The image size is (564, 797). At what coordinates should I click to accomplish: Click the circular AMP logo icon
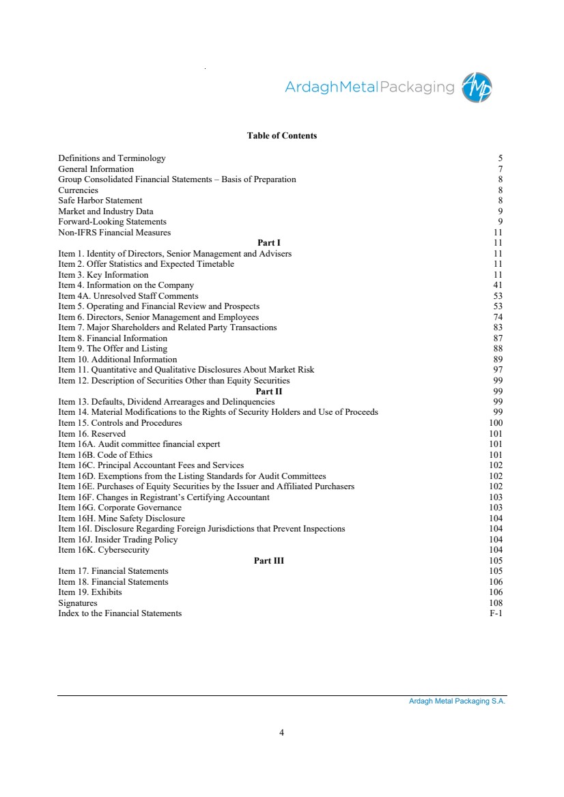(477, 87)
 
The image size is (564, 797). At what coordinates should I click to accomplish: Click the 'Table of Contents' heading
(281, 136)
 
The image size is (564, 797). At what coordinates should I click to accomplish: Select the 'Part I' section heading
(269, 243)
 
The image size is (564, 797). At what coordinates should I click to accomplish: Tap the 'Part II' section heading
(269, 392)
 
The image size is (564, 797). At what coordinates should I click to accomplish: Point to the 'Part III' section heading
(269, 561)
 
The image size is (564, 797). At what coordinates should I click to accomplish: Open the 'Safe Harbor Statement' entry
(100, 201)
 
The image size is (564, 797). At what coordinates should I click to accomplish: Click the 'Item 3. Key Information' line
(103, 275)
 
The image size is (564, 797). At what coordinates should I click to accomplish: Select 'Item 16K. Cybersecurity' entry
(104, 550)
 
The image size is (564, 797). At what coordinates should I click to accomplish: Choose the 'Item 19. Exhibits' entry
(90, 592)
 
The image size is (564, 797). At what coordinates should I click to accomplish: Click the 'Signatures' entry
(78, 603)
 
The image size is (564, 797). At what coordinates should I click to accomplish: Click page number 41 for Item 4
(498, 285)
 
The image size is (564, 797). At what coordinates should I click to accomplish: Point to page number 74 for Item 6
(498, 317)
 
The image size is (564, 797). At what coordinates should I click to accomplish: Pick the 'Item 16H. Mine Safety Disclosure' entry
(122, 519)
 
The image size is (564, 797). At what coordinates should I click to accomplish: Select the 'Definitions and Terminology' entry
(112, 158)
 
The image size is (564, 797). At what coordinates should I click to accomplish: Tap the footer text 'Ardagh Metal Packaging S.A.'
(452, 701)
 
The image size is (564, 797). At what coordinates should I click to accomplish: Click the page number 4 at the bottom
(281, 733)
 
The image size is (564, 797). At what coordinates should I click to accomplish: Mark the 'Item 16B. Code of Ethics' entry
(105, 455)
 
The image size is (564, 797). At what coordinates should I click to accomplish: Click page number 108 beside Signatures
(496, 603)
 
